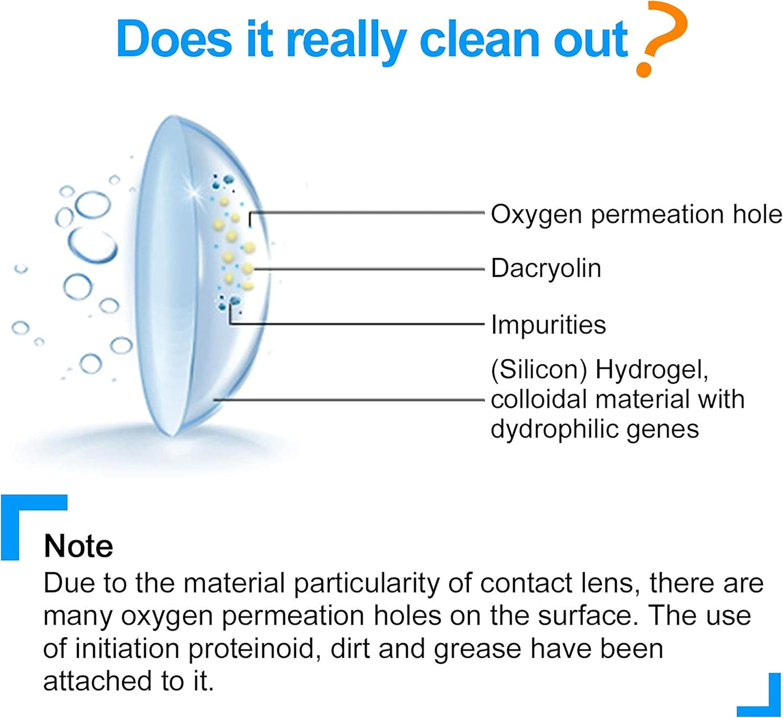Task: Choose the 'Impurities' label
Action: (549, 325)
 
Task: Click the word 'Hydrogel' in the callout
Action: (651, 370)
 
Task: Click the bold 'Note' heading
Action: (78, 546)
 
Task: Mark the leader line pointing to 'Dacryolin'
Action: (369, 269)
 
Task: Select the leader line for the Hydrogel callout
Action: (349, 400)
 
